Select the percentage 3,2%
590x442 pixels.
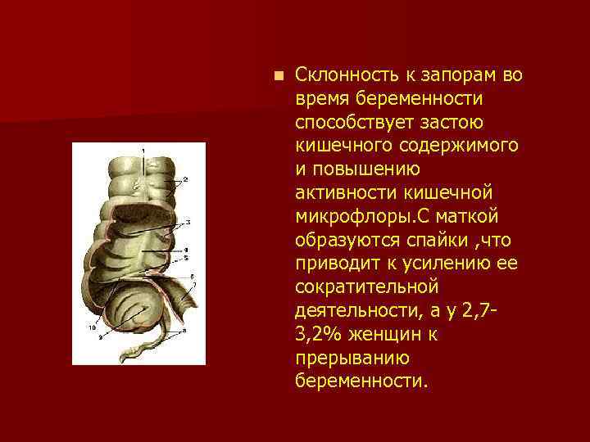tap(319, 336)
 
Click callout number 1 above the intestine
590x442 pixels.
tap(144, 151)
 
